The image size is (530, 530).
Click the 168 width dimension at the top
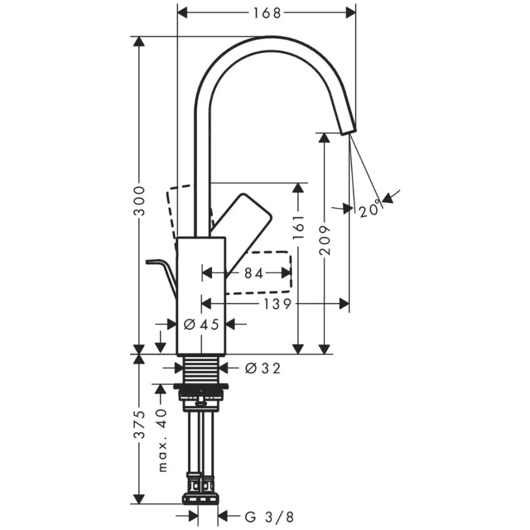pyautogui.click(x=266, y=13)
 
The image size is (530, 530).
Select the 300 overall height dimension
pyautogui.click(x=140, y=201)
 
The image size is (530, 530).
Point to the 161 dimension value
pyautogui.click(x=298, y=227)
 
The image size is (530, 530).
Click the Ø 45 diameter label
pyautogui.click(x=201, y=325)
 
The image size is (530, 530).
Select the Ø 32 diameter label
pyautogui.click(x=262, y=369)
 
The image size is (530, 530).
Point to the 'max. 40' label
pyautogui.click(x=162, y=440)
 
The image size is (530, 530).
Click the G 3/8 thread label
pyautogui.click(x=269, y=516)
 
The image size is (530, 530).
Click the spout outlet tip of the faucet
pyautogui.click(x=348, y=129)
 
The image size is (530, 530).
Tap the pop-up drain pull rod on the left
pyautogui.click(x=162, y=273)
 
